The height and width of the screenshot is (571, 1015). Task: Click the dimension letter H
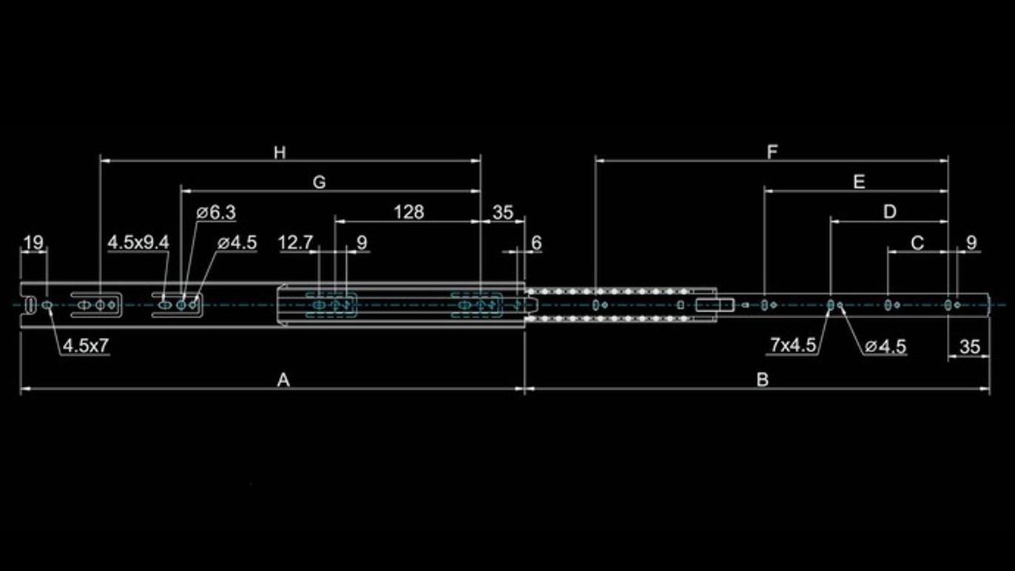280,152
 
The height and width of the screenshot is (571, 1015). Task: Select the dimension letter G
320,182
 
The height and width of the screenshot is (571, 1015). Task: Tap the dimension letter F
772,152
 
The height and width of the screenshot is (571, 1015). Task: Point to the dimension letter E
859,182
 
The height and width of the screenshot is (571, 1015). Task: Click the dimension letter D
890,212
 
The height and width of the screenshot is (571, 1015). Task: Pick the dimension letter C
917,243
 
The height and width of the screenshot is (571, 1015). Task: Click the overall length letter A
283,379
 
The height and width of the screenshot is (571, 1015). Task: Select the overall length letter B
763,379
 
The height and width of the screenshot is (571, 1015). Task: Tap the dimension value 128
408,212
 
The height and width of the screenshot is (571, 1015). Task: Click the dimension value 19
33,243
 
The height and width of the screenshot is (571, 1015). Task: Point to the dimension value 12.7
295,243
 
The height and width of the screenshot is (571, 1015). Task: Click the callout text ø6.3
216,212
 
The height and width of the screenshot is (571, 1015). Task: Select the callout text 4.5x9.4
138,243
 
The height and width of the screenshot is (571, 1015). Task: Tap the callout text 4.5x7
86,345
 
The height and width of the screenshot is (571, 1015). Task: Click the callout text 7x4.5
793,345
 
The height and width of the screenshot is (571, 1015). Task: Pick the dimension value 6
536,243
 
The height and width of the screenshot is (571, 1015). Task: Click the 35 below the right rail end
970,347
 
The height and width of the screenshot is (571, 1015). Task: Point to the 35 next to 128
502,212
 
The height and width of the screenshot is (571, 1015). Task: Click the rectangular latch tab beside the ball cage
715,305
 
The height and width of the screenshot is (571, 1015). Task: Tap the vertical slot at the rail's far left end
30,305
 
